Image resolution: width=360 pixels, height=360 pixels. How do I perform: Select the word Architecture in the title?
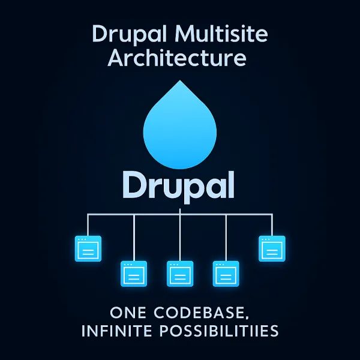(180, 58)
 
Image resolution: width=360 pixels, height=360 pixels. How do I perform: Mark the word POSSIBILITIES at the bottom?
(231, 331)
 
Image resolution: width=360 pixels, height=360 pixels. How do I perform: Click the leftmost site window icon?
(88, 248)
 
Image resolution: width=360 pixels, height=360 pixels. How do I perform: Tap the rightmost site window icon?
(271, 248)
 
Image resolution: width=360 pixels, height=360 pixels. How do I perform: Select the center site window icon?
(180, 274)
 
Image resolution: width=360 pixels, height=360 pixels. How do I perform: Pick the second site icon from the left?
(134, 274)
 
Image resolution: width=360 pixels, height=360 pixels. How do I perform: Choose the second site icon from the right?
(226, 274)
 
